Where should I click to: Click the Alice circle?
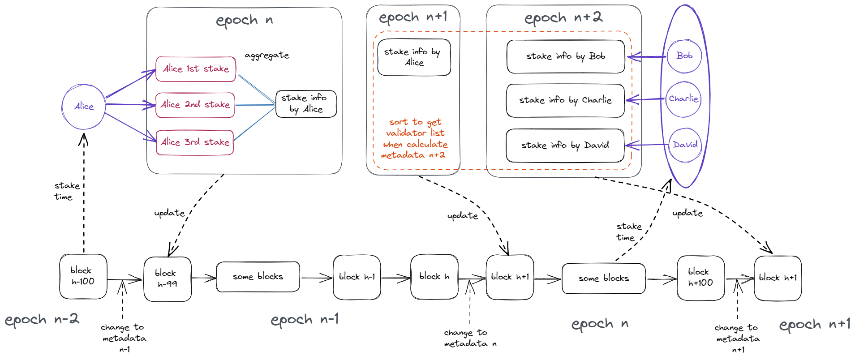pyautogui.click(x=84, y=107)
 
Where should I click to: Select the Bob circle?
pyautogui.click(x=684, y=56)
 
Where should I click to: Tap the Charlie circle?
pyautogui.click(x=683, y=99)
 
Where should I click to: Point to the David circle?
pyautogui.click(x=685, y=145)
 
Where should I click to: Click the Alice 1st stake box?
pyautogui.click(x=196, y=69)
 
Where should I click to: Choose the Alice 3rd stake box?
pyautogui.click(x=195, y=142)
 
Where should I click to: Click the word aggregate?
pyautogui.click(x=267, y=56)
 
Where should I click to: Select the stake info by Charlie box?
pyautogui.click(x=565, y=100)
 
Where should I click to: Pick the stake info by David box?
pyautogui.click(x=565, y=146)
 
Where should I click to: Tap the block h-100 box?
pyautogui.click(x=83, y=276)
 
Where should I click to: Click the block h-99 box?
pyautogui.click(x=168, y=279)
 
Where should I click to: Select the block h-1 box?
pyautogui.click(x=357, y=277)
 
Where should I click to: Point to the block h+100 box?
pyautogui.click(x=700, y=278)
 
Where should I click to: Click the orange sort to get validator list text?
pyautogui.click(x=415, y=138)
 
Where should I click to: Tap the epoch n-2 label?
pyautogui.click(x=42, y=320)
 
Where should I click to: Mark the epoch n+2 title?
pyautogui.click(x=563, y=18)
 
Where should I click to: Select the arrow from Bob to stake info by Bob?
pyautogui.click(x=647, y=57)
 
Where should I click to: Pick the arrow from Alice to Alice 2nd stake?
pyautogui.click(x=130, y=104)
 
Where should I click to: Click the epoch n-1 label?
pyautogui.click(x=305, y=320)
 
